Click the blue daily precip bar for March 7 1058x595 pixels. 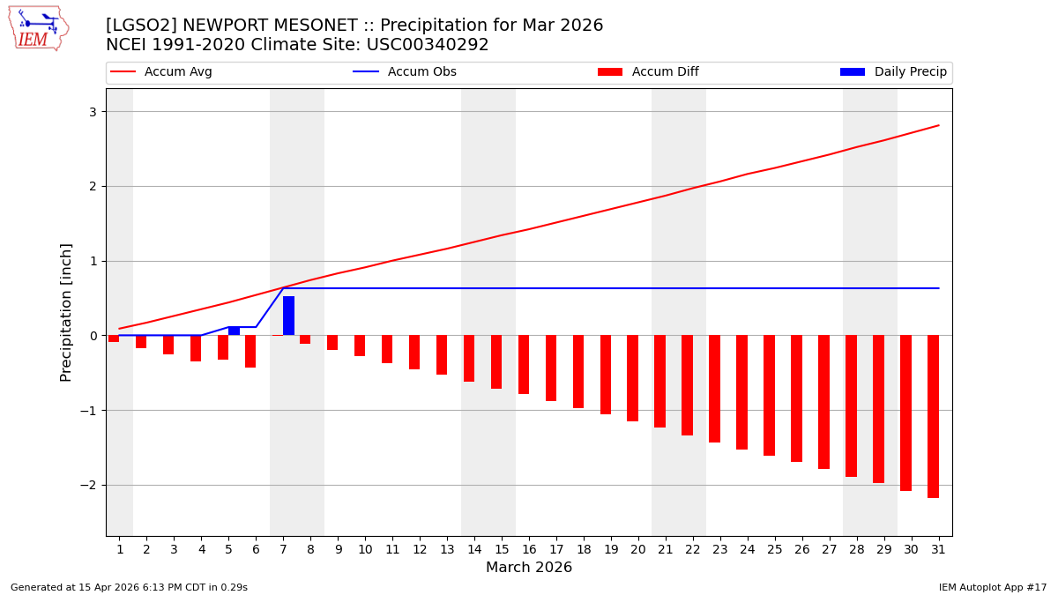[x=288, y=316]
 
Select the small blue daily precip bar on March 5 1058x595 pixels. [x=234, y=331]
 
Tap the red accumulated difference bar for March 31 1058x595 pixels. [x=933, y=416]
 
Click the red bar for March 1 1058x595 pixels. [x=114, y=338]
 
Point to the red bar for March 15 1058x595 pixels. [x=496, y=361]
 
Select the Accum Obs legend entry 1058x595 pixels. [x=405, y=72]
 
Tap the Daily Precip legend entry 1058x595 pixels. [x=893, y=72]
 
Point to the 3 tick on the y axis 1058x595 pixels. [x=92, y=112]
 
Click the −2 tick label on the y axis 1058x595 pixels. [x=88, y=486]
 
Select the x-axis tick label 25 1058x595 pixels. [x=775, y=549]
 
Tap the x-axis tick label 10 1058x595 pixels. [x=365, y=549]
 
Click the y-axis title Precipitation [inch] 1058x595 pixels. [x=66, y=312]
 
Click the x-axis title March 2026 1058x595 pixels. [x=529, y=568]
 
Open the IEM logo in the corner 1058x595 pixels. [x=39, y=28]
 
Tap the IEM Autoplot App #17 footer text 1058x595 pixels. [x=993, y=587]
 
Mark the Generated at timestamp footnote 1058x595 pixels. [x=129, y=587]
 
